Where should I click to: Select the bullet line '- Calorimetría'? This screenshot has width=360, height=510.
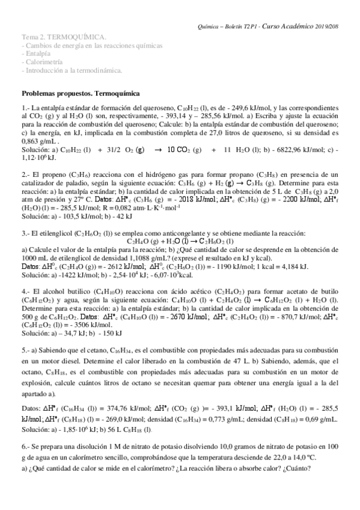[x=41, y=62]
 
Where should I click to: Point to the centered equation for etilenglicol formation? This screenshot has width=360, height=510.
[x=180, y=241]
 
